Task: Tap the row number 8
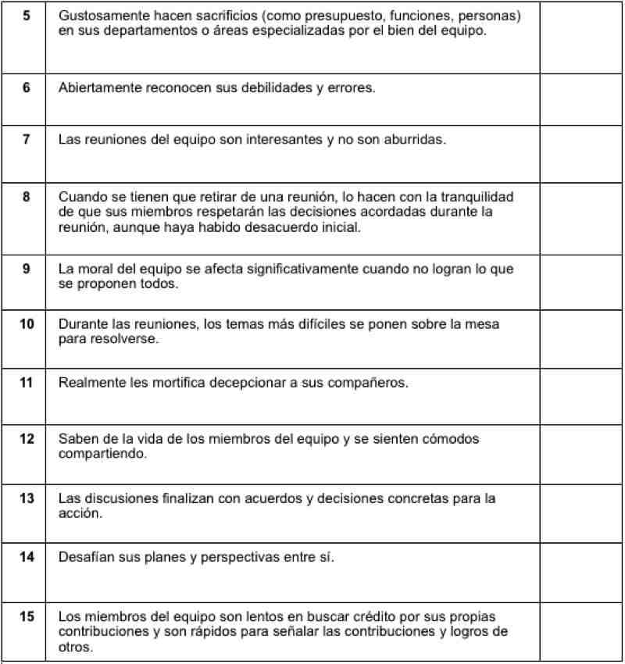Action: coord(27,197)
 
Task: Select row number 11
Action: coord(27,383)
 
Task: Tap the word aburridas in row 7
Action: coord(416,140)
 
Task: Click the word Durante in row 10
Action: coord(80,324)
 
